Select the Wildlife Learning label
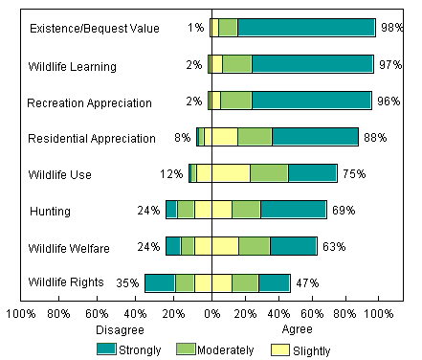[x=72, y=66]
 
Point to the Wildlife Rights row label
[x=66, y=282]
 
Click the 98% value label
[x=390, y=28]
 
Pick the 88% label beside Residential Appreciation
[x=375, y=137]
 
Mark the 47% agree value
[x=307, y=282]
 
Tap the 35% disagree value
[x=128, y=282]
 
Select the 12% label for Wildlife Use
[x=171, y=173]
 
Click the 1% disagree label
[x=195, y=28]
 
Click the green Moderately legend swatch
[x=185, y=349]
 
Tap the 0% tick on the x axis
[x=211, y=312]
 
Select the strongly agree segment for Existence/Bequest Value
[x=306, y=28]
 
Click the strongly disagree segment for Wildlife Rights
[x=160, y=282]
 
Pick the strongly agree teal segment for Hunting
[x=293, y=210]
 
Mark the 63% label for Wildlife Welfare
[x=334, y=246]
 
